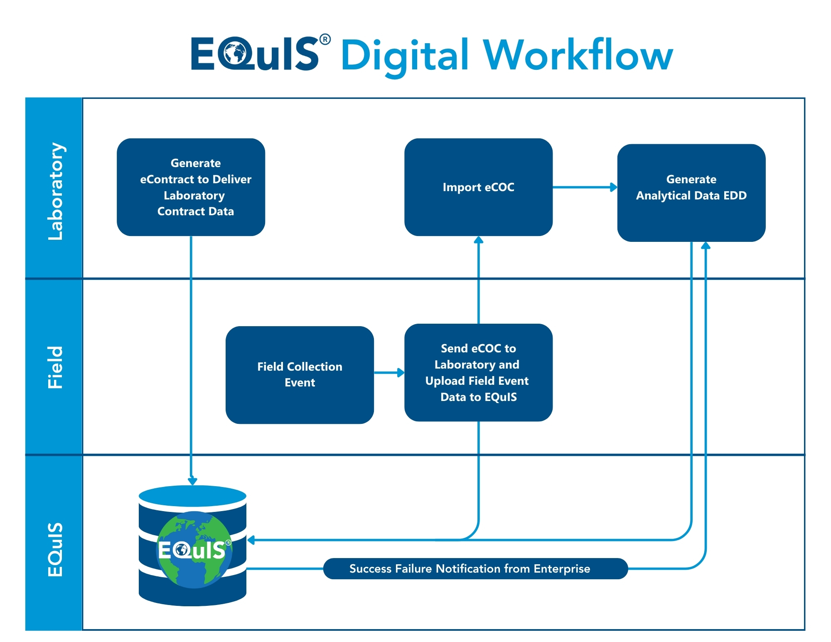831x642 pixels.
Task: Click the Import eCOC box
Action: [x=478, y=187]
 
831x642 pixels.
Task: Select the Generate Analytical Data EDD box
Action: [x=691, y=192]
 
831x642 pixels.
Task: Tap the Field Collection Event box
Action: [x=300, y=374]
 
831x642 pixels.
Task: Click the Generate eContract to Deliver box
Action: [x=191, y=187]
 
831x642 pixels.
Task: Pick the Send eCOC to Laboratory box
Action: [x=478, y=372]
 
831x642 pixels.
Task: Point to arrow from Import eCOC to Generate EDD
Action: [x=584, y=187]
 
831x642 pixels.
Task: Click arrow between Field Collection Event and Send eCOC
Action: [x=389, y=373]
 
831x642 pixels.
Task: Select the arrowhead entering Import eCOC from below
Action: [x=478, y=240]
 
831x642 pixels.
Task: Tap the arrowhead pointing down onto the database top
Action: [x=192, y=481]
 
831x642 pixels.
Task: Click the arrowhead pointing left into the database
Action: [x=251, y=540]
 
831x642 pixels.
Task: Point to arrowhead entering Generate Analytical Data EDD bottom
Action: [x=706, y=246]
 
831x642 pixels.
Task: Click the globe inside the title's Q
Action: [x=235, y=54]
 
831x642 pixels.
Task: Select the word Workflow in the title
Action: [x=578, y=55]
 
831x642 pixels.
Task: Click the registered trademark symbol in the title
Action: [x=325, y=40]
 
